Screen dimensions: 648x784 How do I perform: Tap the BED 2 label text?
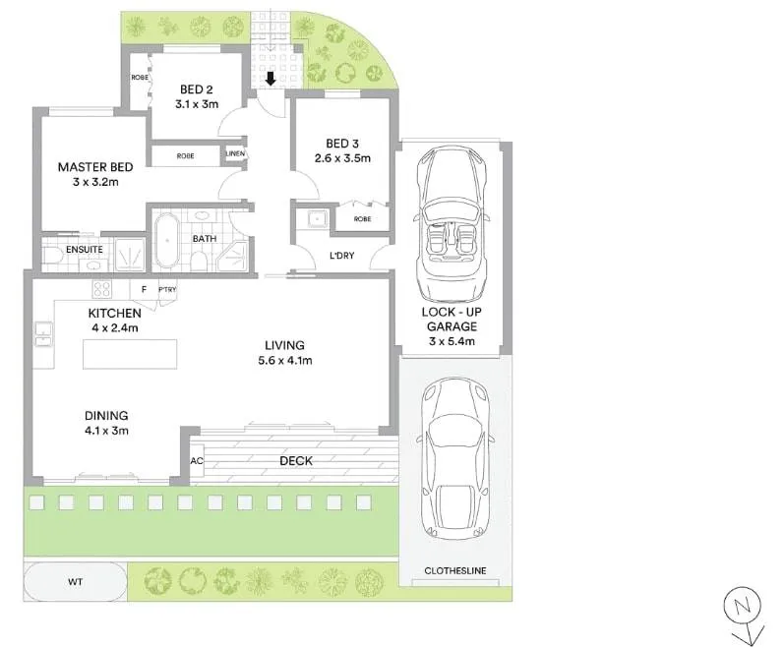(x=197, y=89)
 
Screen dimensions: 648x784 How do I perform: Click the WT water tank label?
(x=75, y=582)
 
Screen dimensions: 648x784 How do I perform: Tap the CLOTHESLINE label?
(x=454, y=571)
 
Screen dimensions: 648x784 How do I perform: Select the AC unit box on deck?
(x=197, y=460)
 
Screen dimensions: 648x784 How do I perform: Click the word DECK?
(x=295, y=460)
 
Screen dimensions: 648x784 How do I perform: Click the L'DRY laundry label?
(x=341, y=257)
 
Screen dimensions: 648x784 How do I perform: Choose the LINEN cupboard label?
(x=236, y=154)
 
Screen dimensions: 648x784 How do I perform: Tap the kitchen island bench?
(x=131, y=354)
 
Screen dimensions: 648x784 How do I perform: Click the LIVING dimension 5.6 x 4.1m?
(x=284, y=360)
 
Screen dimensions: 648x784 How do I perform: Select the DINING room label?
(x=106, y=415)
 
